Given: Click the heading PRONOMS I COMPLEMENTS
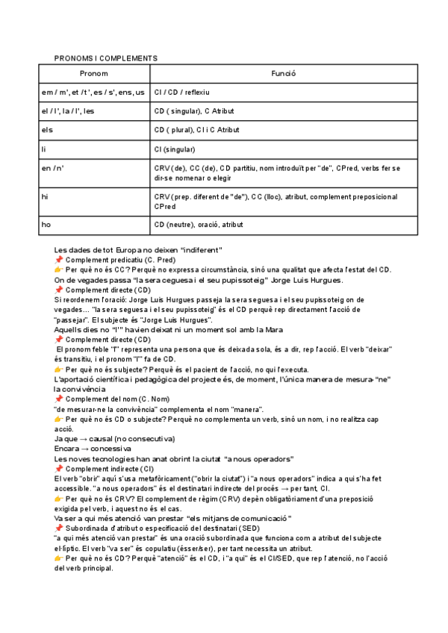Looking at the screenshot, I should (x=105, y=57).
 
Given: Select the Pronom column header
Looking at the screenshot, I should (x=94, y=73).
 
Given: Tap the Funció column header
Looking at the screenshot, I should (x=283, y=73).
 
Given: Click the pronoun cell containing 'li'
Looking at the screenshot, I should (x=44, y=149).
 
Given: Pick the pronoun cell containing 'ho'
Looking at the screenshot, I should (x=46, y=223).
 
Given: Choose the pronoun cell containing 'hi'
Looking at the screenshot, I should (x=45, y=196).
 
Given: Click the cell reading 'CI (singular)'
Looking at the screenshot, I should (x=175, y=149).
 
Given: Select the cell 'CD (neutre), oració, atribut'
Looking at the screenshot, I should (x=198, y=223).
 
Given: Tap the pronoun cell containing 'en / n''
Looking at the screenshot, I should (x=53, y=168).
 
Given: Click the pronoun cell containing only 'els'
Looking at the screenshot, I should (x=47, y=129).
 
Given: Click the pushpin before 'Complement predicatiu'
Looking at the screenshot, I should (x=59, y=259).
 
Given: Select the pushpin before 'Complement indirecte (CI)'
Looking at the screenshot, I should (x=59, y=468).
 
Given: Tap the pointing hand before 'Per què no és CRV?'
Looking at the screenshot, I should (x=59, y=498).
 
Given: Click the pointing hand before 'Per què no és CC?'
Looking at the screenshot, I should (x=59, y=269).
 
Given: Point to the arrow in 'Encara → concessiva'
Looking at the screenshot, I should (x=81, y=449).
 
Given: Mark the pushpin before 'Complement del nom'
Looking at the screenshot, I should (x=59, y=399).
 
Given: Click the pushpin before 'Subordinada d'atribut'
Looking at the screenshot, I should (x=59, y=527).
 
